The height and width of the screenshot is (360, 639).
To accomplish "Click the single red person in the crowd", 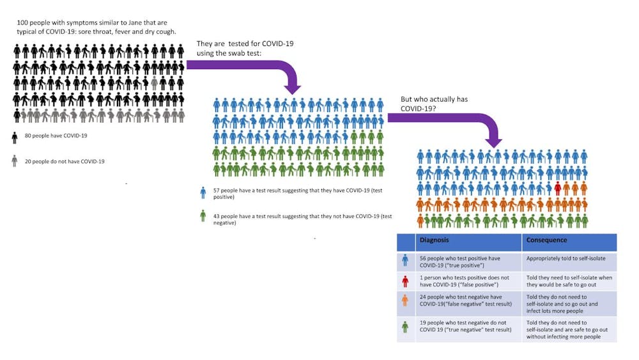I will coord(557,188).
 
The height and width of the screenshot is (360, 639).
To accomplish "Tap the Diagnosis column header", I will coord(434,240).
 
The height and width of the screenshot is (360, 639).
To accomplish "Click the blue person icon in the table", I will coord(405,260).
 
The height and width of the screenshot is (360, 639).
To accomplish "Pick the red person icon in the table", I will coord(405,281).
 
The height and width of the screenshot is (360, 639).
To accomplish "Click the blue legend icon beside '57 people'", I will coord(203,192).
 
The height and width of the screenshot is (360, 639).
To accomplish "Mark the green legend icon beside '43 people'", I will coord(203,216).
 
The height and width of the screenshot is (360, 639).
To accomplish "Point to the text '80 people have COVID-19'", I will coord(57,136).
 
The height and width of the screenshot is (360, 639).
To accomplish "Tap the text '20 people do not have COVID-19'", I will coord(65,161).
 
